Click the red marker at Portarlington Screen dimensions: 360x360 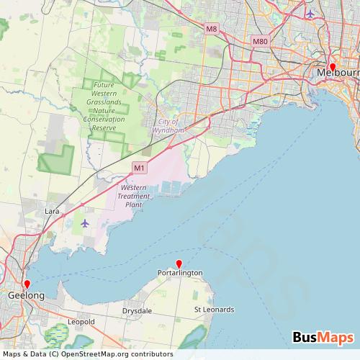[x=179, y=264]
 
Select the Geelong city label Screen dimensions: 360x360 [x=26, y=296]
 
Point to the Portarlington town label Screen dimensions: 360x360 [x=180, y=273]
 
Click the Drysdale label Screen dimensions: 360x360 [x=136, y=310]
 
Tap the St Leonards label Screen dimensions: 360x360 [x=215, y=310]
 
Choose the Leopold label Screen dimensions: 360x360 [x=81, y=321]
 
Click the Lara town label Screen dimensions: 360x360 [x=52, y=212]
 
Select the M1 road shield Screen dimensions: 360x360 [x=139, y=168]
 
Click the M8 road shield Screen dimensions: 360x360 [x=211, y=29]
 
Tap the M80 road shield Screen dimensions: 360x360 [x=260, y=42]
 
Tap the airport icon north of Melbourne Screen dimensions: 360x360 [x=310, y=13]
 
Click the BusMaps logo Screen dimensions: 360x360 [x=323, y=338]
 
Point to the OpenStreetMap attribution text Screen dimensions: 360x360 [x=86, y=354]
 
